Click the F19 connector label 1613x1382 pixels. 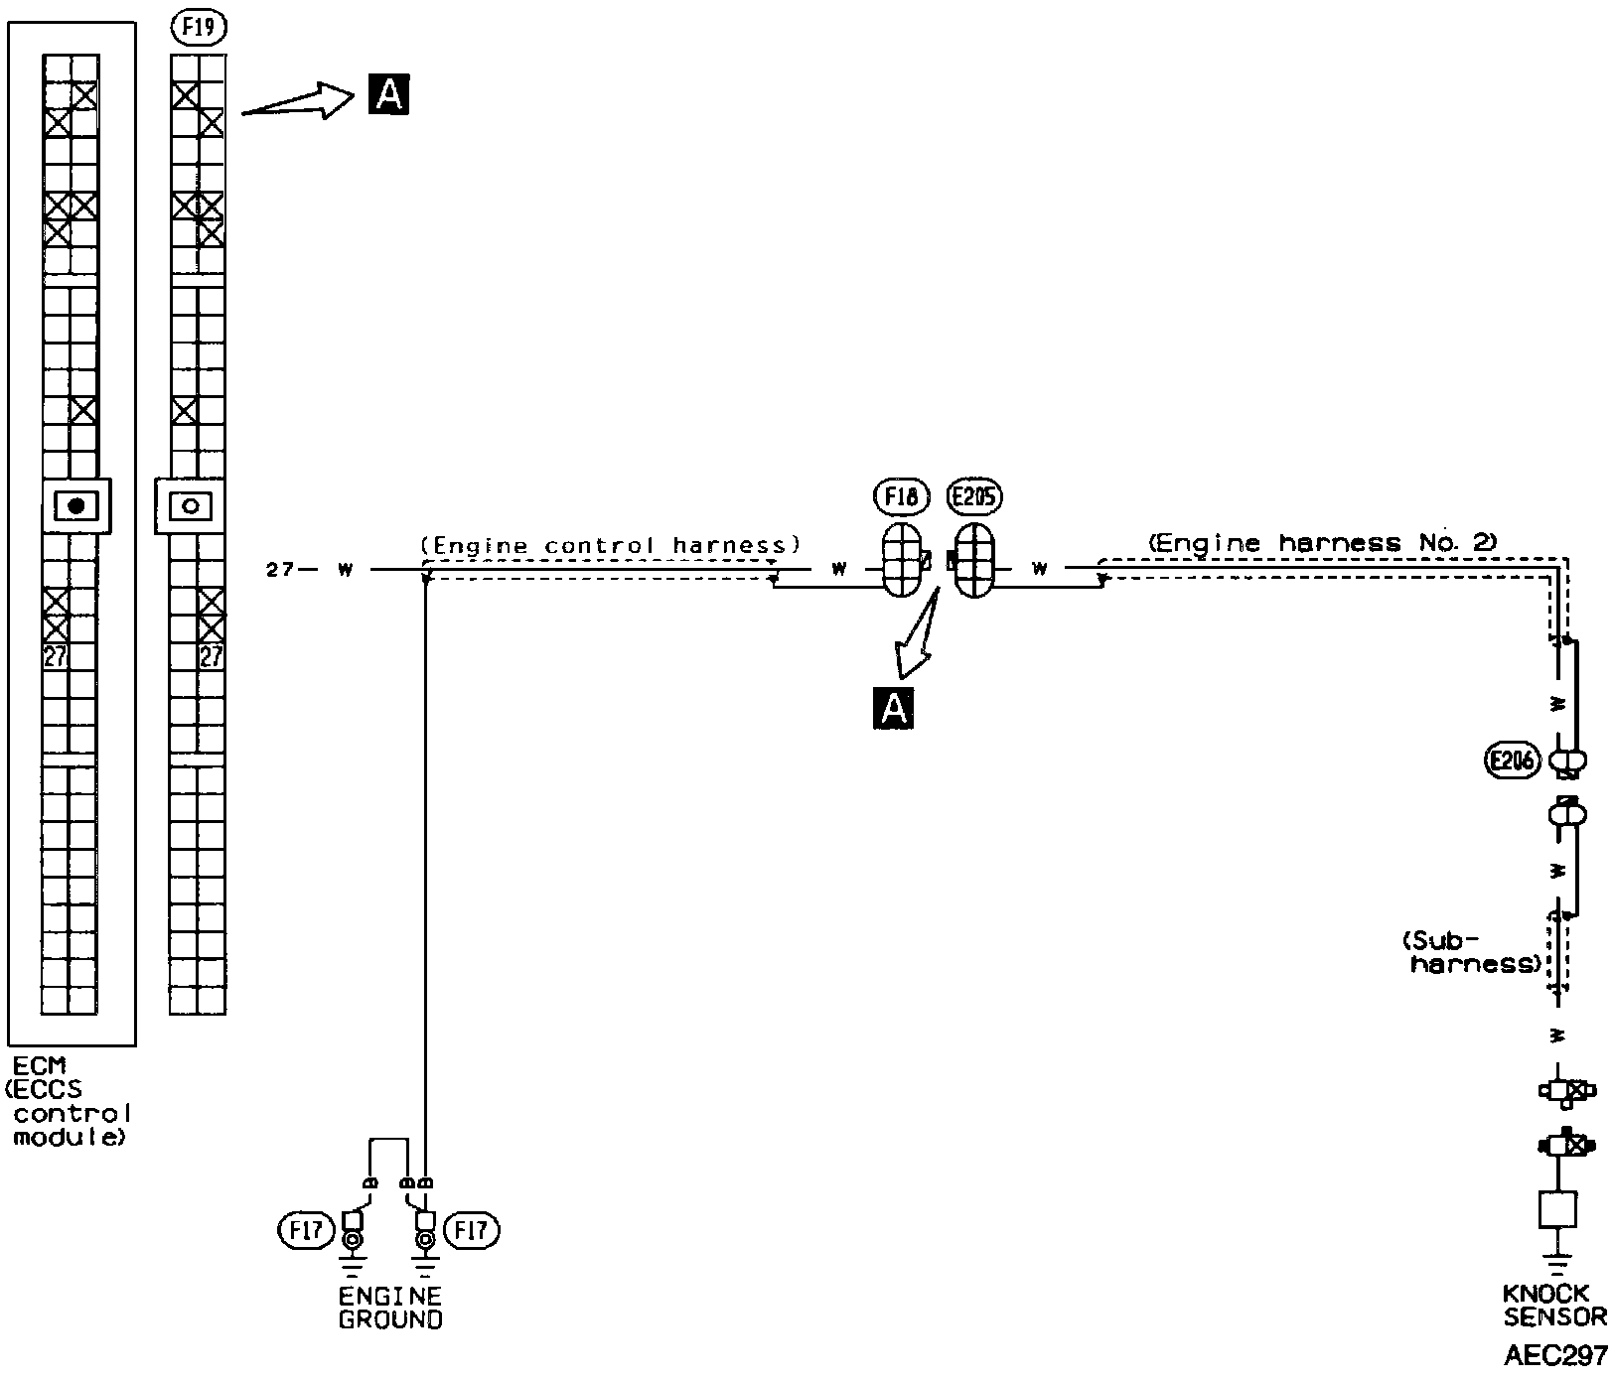point(199,29)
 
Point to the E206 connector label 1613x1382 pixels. point(1512,761)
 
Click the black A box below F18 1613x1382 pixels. point(893,709)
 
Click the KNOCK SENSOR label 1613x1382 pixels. point(1553,1307)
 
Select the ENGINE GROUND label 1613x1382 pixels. point(390,1308)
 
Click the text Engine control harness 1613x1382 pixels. point(610,545)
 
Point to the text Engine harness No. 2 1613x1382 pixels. point(1322,543)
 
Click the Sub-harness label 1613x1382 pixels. point(1472,951)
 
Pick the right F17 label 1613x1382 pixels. point(473,1231)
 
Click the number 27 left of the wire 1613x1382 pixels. point(279,570)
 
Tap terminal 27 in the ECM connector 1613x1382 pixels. point(56,655)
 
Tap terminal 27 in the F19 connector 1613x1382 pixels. point(211,655)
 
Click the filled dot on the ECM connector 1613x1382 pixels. point(76,505)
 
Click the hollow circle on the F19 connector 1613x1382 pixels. point(192,505)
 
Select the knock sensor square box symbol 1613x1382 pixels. point(1557,1210)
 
